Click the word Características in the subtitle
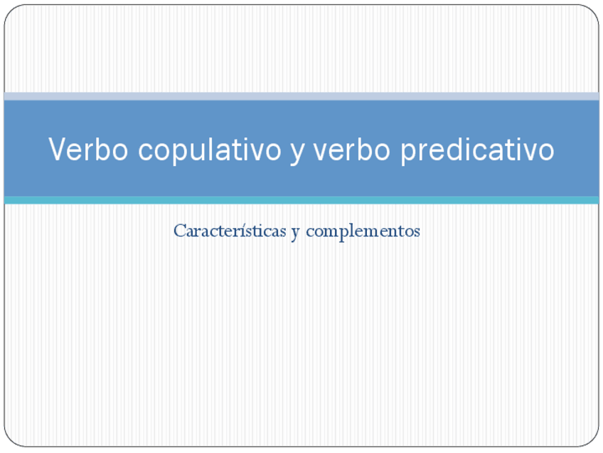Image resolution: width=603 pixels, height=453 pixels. [229, 231]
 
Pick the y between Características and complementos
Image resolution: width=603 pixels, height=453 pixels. [294, 233]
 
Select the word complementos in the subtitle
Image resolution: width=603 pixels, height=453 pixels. [363, 231]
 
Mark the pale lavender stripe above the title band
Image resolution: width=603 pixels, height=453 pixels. [301, 96]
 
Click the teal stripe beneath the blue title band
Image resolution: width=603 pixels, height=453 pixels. [301, 200]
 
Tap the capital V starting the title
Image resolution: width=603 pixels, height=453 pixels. [57, 150]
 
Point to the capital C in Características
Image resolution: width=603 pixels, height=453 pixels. [179, 231]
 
